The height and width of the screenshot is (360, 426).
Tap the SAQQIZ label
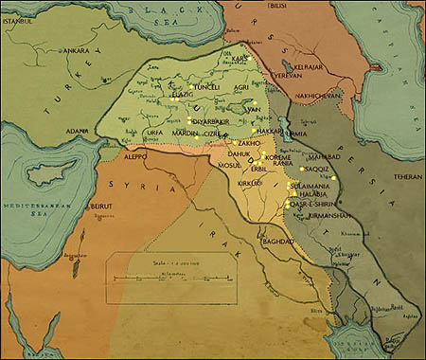click(318, 171)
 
